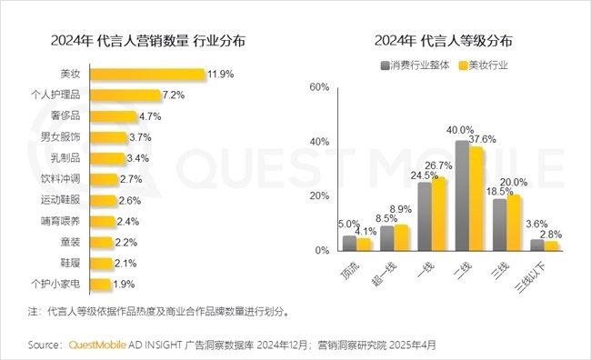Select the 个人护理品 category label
click(56, 95)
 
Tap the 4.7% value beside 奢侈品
click(151, 115)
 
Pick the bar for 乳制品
click(107, 157)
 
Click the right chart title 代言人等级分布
click(444, 41)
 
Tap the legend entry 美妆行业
click(488, 66)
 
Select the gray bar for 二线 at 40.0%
click(462, 195)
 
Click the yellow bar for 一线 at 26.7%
click(439, 214)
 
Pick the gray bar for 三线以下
click(536, 245)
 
